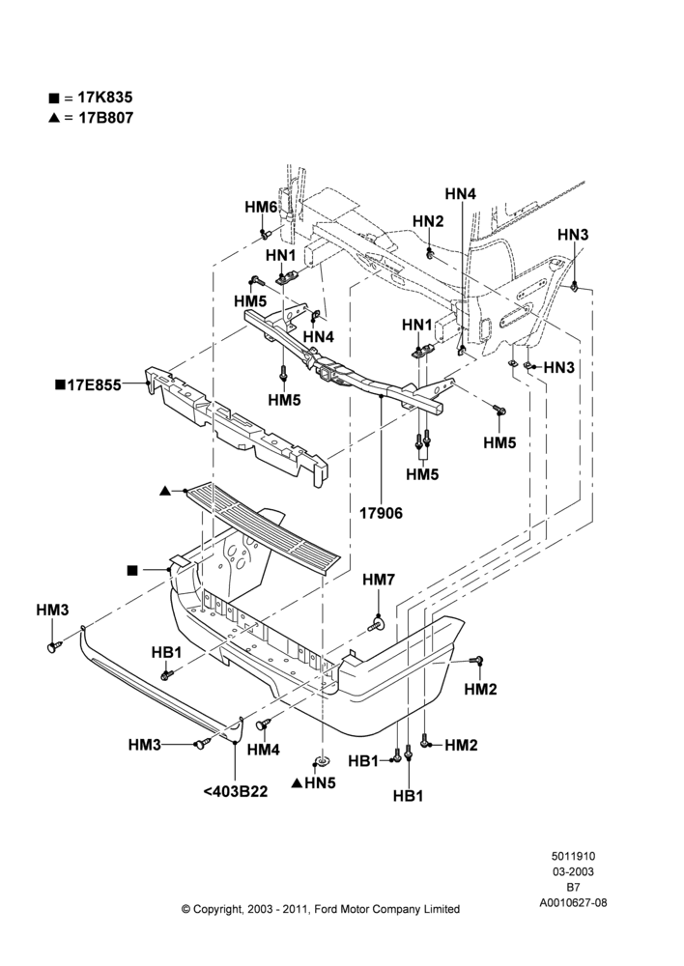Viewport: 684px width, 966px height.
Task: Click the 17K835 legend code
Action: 104,98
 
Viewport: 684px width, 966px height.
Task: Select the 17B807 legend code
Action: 105,118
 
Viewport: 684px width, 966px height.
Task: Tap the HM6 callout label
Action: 261,207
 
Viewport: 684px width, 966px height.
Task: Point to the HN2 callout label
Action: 428,221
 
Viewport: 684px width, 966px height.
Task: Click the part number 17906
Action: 381,513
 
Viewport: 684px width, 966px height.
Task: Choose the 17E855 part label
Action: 95,385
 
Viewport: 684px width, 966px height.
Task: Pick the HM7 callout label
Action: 379,580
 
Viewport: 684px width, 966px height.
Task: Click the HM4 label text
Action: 264,750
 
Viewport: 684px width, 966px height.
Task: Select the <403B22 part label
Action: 236,791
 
